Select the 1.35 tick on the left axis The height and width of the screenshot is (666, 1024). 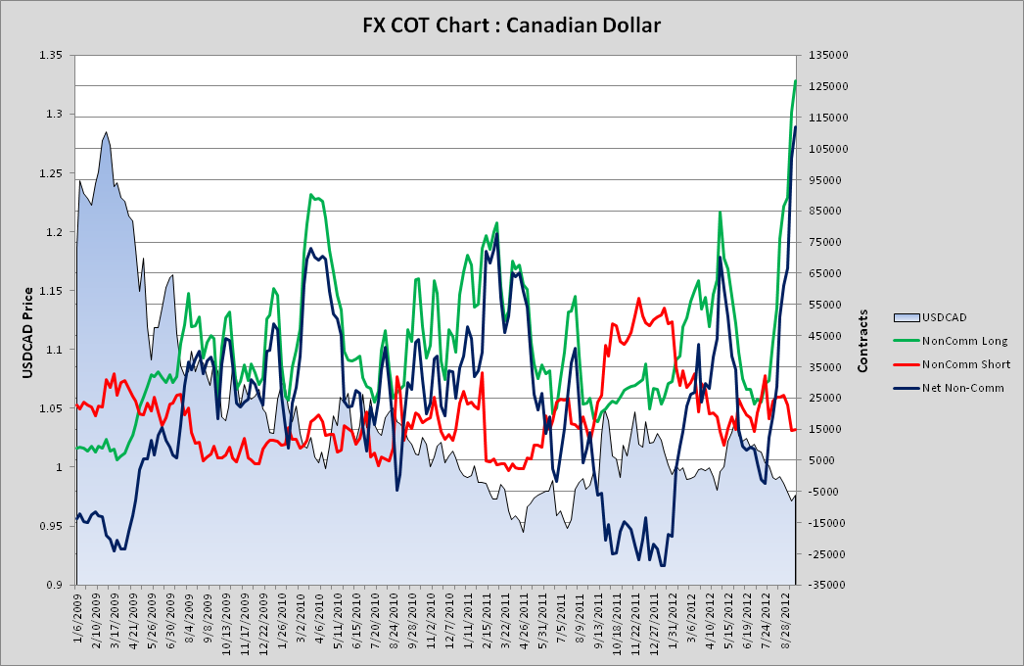50,56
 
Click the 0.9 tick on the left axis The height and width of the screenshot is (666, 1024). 53,585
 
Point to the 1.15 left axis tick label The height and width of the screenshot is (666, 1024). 50,291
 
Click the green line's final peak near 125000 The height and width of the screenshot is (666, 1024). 795,81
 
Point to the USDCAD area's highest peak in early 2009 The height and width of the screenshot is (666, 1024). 106,132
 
